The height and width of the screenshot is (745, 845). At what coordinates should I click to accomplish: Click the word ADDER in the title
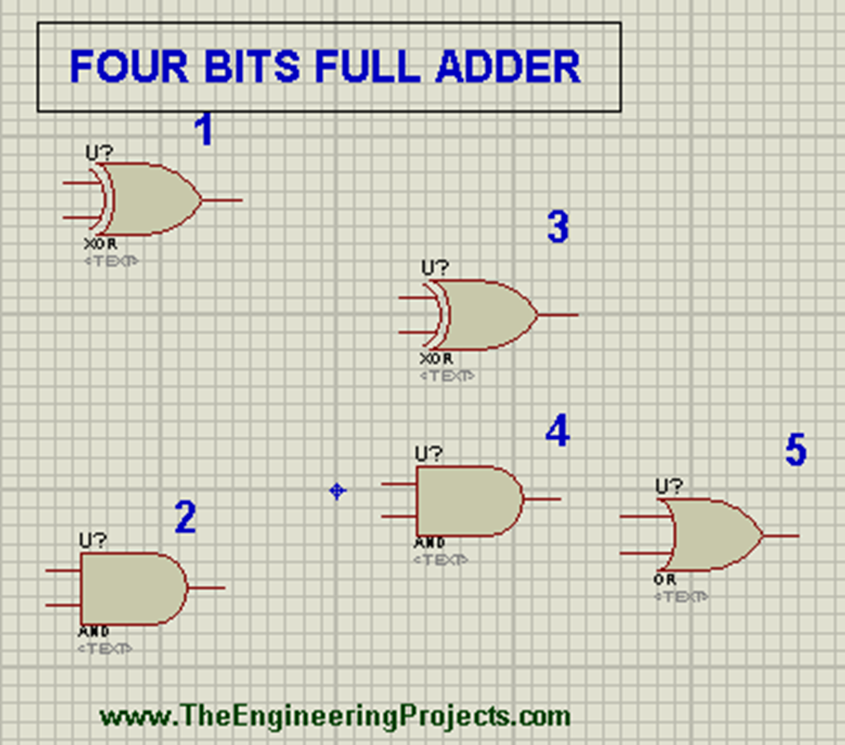pos(508,67)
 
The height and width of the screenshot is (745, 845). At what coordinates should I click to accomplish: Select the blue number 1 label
pos(203,130)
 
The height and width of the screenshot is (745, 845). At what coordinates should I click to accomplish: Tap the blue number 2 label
pos(185,517)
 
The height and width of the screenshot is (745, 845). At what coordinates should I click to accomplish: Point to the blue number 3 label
pos(558,227)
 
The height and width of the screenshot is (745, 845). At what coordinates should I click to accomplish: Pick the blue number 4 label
pos(558,431)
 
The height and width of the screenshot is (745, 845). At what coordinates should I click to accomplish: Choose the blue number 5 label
pos(795,450)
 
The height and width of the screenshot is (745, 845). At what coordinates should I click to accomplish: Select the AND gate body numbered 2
pos(132,588)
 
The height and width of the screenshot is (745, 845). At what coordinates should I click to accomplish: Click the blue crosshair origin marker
pos(337,491)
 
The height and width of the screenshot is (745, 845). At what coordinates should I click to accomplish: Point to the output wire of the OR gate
pos(781,535)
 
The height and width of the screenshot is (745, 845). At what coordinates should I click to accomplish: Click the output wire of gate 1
pos(223,200)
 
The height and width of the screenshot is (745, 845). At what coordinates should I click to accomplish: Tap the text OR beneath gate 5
pos(664,580)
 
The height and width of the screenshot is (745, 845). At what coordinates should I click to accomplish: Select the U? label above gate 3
pos(435,267)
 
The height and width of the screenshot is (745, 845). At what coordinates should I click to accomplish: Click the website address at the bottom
pos(334,715)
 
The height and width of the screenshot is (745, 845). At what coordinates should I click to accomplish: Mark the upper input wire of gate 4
pos(399,484)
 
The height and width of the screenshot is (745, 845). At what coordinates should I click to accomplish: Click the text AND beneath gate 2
pos(94,632)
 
